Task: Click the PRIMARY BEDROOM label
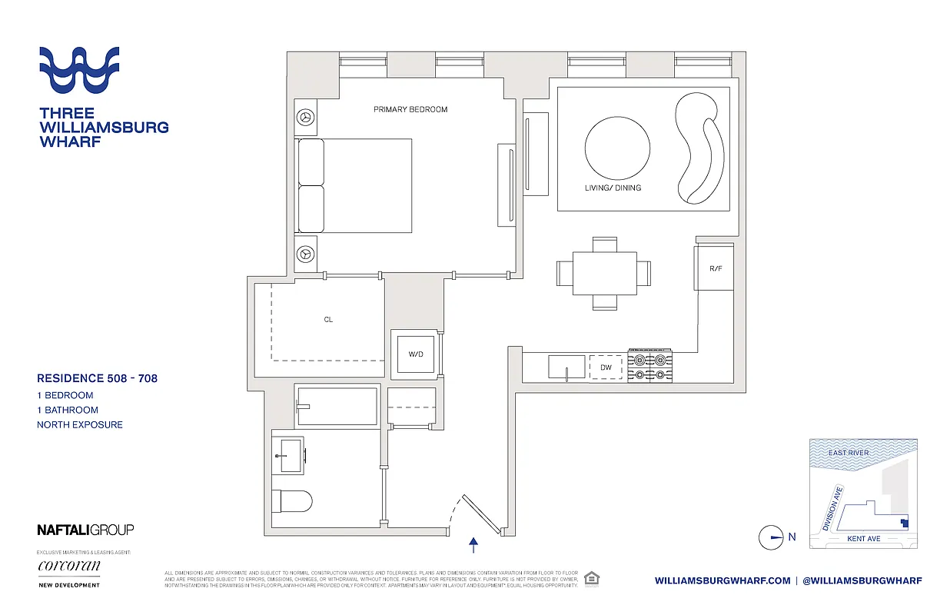point(410,110)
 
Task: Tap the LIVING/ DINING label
point(612,188)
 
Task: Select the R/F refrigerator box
point(716,268)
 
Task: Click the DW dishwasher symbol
point(606,367)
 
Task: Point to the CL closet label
point(328,319)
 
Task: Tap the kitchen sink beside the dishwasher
point(567,367)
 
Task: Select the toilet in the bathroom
point(292,502)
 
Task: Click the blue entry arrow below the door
point(473,545)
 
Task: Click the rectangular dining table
point(604,273)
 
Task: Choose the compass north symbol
point(771,537)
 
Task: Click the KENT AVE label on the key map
point(863,539)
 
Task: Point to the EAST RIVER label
point(849,453)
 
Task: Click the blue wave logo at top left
point(79,70)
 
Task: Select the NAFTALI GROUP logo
point(85,530)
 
